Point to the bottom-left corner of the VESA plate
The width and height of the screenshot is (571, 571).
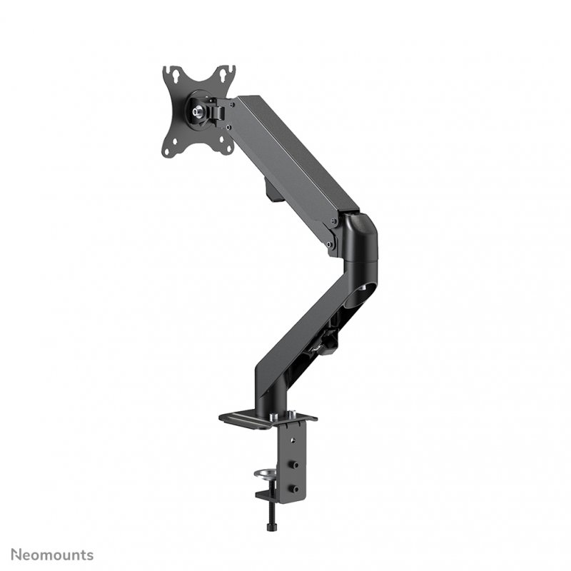pos(169,150)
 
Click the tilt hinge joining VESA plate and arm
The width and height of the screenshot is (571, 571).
pos(213,111)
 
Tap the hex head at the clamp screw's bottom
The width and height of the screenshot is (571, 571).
pos(271,527)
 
